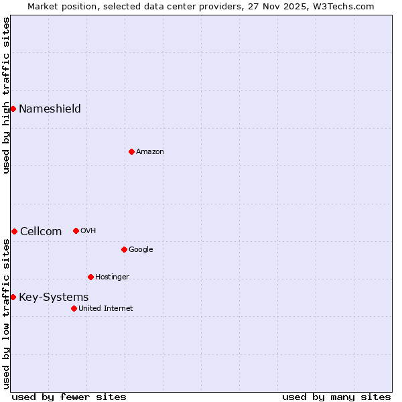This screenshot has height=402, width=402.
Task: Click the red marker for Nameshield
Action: [13, 109]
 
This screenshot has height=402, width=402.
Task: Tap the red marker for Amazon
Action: [131, 151]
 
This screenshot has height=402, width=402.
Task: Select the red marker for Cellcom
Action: [14, 231]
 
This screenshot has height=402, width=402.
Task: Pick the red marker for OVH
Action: [76, 230]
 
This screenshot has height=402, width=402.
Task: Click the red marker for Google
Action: [124, 249]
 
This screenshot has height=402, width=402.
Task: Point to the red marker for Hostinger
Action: [90, 277]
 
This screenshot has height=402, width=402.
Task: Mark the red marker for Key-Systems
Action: [13, 297]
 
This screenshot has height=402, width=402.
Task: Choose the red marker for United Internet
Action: [74, 308]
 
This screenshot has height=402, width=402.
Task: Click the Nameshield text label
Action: [50, 109]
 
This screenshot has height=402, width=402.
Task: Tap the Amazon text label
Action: [150, 151]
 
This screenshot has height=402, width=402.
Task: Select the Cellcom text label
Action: [41, 231]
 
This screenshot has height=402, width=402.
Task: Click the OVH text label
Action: [88, 230]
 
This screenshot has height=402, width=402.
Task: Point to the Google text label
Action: [141, 249]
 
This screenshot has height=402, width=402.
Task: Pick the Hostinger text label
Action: [112, 277]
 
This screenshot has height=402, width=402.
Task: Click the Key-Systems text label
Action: [54, 297]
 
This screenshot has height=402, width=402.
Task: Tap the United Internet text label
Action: [106, 308]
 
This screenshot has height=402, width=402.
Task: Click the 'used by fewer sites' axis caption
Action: [69, 397]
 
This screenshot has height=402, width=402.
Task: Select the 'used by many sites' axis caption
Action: [336, 397]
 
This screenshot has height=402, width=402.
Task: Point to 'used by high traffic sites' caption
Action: [6, 95]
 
